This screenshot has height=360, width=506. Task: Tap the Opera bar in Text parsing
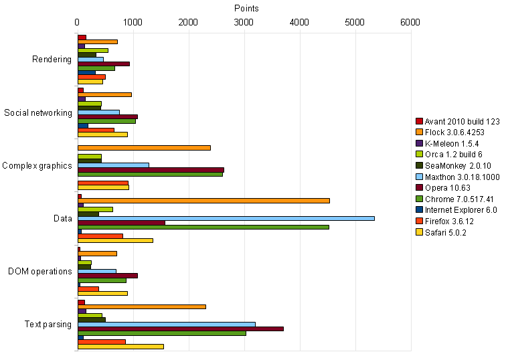[180, 329]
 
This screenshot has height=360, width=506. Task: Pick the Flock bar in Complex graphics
[144, 147]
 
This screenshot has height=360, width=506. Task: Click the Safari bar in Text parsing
[120, 347]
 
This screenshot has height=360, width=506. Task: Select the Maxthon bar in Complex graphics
[113, 165]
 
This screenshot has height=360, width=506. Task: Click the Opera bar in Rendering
[103, 64]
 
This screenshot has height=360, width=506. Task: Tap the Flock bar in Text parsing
[141, 306]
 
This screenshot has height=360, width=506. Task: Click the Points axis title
[246, 8]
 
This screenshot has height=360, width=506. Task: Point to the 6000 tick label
[410, 22]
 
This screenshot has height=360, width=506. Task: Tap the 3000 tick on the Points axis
[244, 22]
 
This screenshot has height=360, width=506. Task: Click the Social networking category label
[37, 112]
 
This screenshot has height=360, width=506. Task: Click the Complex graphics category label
[37, 165]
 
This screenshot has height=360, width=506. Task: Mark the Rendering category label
[52, 60]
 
